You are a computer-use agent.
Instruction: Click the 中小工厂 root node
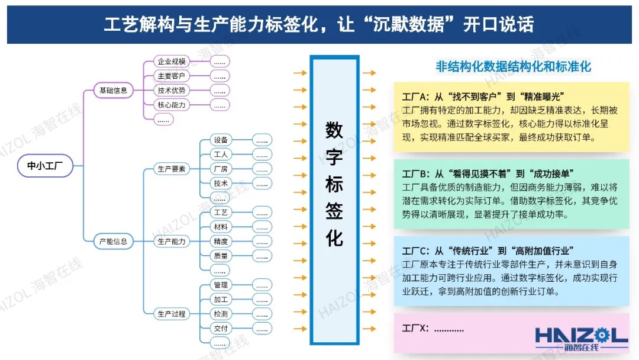(x=46, y=166)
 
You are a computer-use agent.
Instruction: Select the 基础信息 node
(x=114, y=91)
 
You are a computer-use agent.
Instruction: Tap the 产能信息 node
(x=114, y=242)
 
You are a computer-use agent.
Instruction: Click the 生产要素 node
(x=172, y=169)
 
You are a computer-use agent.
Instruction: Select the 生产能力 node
(x=172, y=242)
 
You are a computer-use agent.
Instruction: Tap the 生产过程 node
(x=172, y=314)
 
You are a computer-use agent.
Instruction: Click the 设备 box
(x=221, y=140)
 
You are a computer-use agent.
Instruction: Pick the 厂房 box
(x=221, y=169)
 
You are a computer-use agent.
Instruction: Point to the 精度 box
(x=221, y=242)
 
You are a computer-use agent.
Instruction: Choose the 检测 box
(x=221, y=314)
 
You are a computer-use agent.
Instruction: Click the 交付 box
(x=221, y=328)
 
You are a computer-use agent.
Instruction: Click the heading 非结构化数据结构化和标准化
(x=513, y=66)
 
